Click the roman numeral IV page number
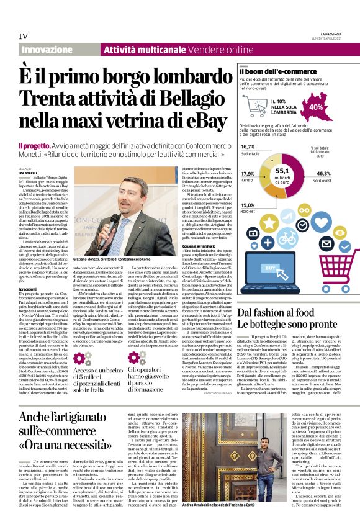point(23,35)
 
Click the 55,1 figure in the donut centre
point(282,171)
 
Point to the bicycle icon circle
point(287,237)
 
